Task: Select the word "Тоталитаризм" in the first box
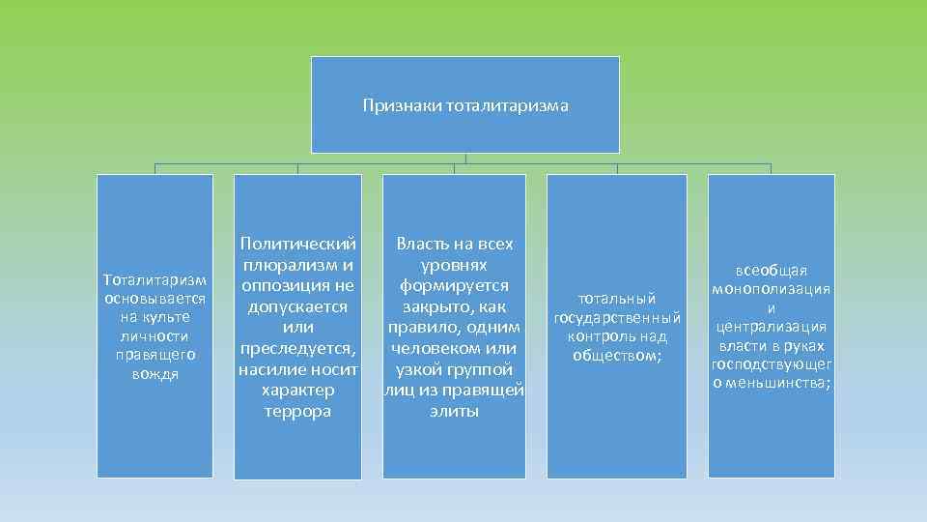(x=155, y=280)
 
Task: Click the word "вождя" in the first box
(x=155, y=373)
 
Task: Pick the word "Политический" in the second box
(x=298, y=244)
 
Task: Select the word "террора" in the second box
(x=297, y=411)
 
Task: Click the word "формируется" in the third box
(x=454, y=285)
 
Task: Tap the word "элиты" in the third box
(x=454, y=411)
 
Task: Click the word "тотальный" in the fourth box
(x=617, y=299)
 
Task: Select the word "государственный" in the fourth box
(x=617, y=318)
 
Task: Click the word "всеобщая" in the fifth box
(x=771, y=271)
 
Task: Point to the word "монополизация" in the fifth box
(x=771, y=289)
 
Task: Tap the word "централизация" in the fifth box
(x=771, y=327)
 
